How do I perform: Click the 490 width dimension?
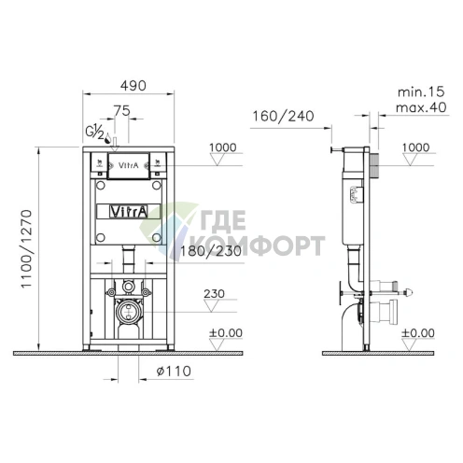click(133, 85)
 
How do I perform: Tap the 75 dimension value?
click(121, 110)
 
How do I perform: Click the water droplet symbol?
click(107, 138)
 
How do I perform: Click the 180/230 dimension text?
click(211, 251)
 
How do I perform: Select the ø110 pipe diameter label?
click(174, 371)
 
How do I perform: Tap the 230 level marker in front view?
click(214, 294)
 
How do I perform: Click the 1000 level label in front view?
click(222, 147)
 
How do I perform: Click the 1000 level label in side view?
click(415, 147)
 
